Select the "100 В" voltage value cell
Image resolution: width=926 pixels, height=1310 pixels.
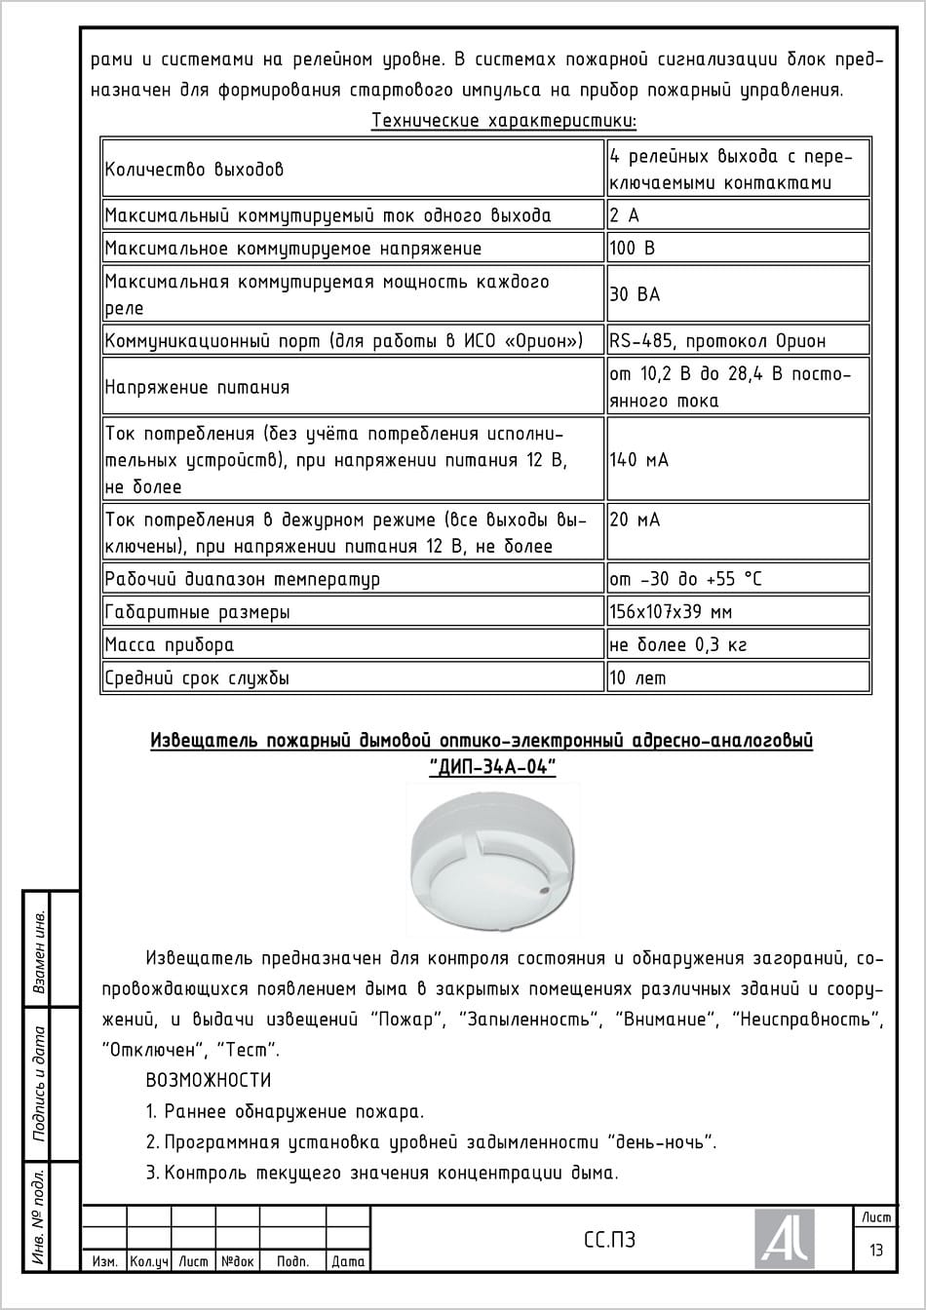pyautogui.click(x=632, y=249)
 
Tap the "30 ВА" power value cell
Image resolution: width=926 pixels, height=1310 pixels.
pyautogui.click(x=635, y=294)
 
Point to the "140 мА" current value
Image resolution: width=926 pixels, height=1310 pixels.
pyautogui.click(x=638, y=459)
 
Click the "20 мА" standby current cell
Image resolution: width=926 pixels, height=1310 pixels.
pyautogui.click(x=635, y=520)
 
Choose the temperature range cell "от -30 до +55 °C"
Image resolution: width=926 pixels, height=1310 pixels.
pyautogui.click(x=685, y=579)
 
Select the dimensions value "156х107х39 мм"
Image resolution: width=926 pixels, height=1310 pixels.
pyautogui.click(x=671, y=612)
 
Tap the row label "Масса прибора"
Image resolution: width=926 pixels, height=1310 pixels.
pyautogui.click(x=170, y=644)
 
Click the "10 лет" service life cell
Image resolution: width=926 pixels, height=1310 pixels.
pyautogui.click(x=637, y=677)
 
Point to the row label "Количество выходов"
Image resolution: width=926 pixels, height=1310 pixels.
pyautogui.click(x=194, y=170)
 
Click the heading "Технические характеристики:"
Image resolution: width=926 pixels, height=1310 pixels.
pyautogui.click(x=504, y=121)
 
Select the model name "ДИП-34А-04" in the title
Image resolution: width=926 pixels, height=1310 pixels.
pyautogui.click(x=492, y=767)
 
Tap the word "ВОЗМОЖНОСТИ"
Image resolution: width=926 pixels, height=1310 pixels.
pyautogui.click(x=208, y=1080)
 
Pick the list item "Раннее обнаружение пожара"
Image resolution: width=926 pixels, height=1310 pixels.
pyautogui.click(x=293, y=1111)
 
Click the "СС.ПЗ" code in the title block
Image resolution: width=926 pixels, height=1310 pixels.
pyautogui.click(x=609, y=1240)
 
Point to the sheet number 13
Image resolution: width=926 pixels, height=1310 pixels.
pyautogui.click(x=876, y=1250)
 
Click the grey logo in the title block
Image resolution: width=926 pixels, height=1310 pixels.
pyautogui.click(x=784, y=1238)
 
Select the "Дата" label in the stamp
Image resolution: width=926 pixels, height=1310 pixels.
pyautogui.click(x=348, y=1261)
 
